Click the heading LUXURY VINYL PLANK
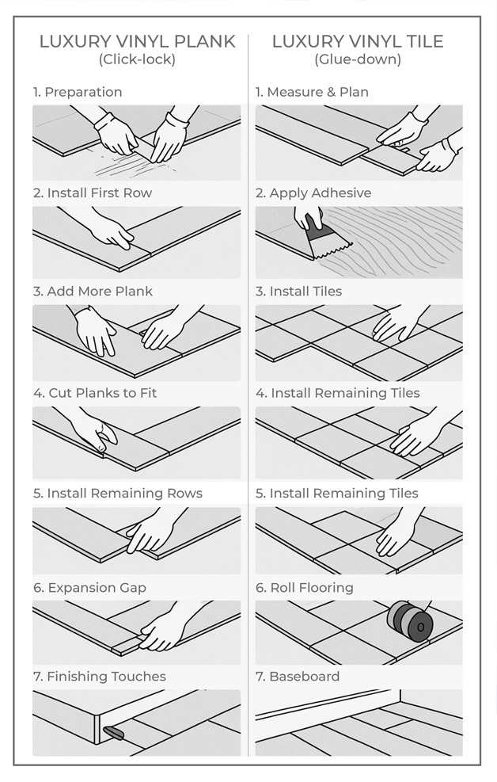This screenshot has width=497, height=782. click(137, 41)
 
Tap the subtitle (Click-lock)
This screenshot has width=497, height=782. click(137, 59)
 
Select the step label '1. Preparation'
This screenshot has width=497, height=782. click(78, 92)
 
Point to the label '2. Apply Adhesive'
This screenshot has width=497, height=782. click(313, 193)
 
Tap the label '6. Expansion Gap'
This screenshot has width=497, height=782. click(89, 588)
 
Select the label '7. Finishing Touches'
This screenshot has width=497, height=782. click(100, 677)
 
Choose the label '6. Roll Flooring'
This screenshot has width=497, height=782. click(304, 588)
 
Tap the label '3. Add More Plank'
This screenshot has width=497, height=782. click(93, 292)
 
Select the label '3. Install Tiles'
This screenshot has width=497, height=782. click(298, 292)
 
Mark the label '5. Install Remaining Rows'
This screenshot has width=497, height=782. click(118, 493)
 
